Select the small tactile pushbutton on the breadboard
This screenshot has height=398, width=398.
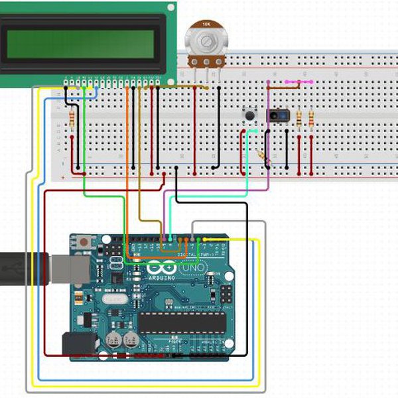[x=251, y=116]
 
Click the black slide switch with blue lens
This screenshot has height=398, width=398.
[x=277, y=116]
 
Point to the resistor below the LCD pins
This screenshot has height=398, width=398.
[x=71, y=118]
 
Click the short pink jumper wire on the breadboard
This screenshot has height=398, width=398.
[x=298, y=82]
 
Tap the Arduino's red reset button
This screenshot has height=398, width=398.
[x=84, y=243]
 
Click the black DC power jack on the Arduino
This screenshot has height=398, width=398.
[x=78, y=344]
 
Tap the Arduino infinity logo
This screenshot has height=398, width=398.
[x=159, y=269]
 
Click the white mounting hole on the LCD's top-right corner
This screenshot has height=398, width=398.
[x=171, y=8]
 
